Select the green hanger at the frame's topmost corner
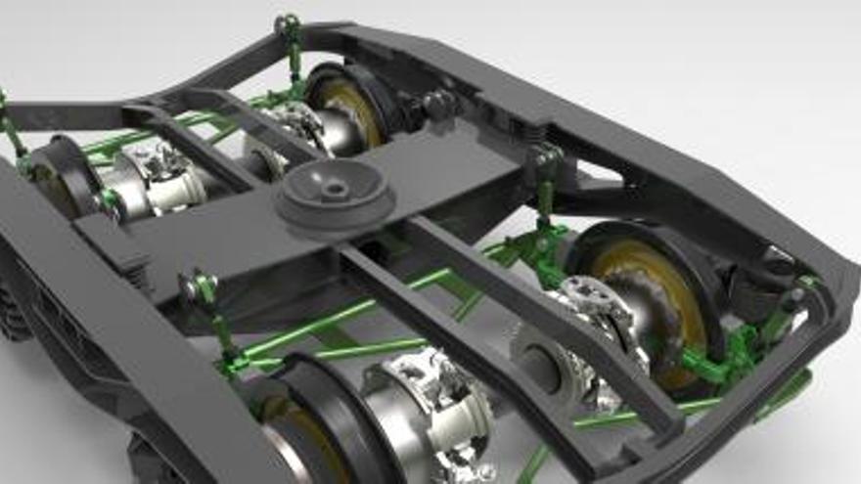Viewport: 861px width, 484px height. [290, 39]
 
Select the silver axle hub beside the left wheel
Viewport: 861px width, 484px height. [147, 186]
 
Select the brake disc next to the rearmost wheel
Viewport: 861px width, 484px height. [294, 127]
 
